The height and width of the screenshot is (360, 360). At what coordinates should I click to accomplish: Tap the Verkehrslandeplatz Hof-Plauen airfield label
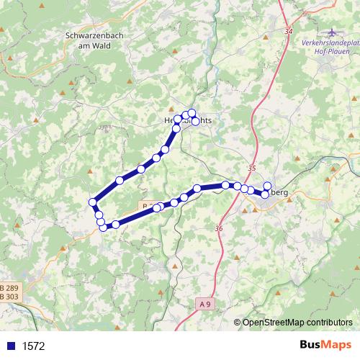330,47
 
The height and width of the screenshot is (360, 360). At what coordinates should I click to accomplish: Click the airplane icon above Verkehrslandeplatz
331,32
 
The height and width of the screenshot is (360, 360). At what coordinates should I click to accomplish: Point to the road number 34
289,32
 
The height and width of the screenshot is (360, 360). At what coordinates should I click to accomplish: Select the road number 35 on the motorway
251,168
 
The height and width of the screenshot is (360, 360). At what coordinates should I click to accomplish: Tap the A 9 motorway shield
204,305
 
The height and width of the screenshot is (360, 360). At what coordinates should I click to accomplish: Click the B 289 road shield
9,287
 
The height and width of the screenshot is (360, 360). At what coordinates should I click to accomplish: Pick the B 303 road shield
9,296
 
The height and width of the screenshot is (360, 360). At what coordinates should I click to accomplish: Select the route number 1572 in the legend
33,346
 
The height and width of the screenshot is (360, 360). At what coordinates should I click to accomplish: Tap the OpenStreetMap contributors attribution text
297,323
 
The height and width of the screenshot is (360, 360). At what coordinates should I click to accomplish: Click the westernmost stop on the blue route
93,202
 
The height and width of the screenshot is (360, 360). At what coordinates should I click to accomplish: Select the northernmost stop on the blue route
192,112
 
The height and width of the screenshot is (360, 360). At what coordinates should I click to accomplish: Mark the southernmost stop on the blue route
103,228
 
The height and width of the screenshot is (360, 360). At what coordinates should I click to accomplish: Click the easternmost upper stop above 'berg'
267,186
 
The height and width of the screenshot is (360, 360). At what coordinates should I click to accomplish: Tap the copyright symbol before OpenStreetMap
238,323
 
